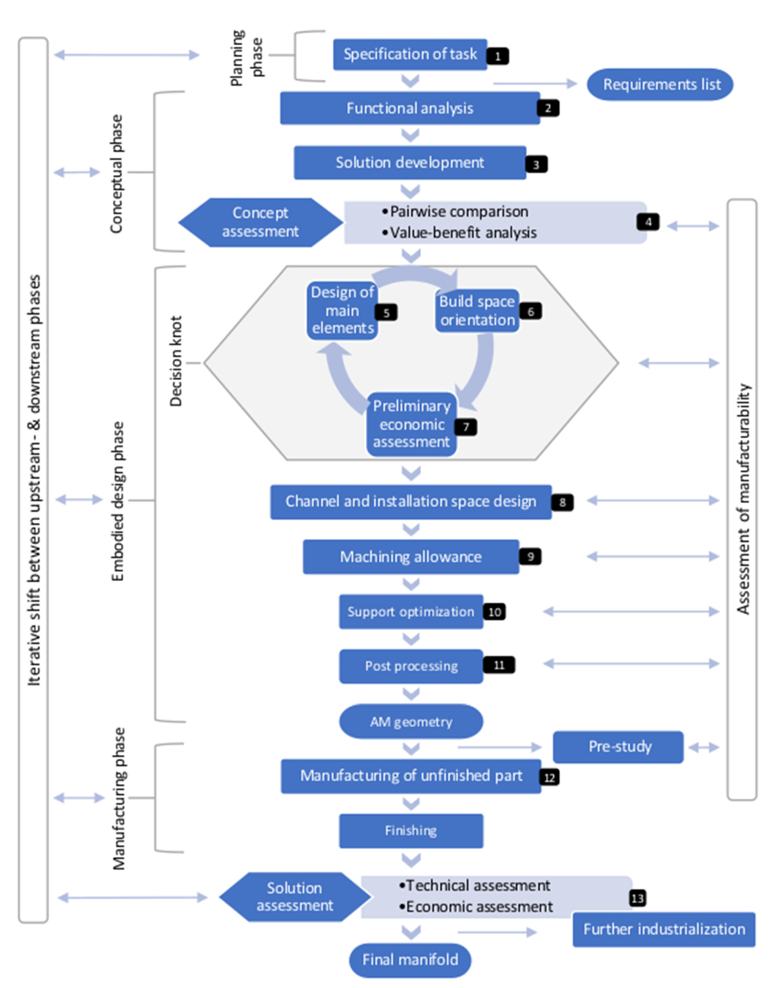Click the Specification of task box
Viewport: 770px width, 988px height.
tap(410, 54)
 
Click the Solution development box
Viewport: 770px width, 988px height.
tap(410, 162)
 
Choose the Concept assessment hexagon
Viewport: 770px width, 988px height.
tap(260, 222)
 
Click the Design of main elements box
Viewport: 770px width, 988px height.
tap(342, 310)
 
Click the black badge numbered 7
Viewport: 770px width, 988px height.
tap(466, 427)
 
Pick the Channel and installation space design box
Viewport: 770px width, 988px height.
tap(411, 502)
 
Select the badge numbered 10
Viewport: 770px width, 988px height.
tap(494, 612)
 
